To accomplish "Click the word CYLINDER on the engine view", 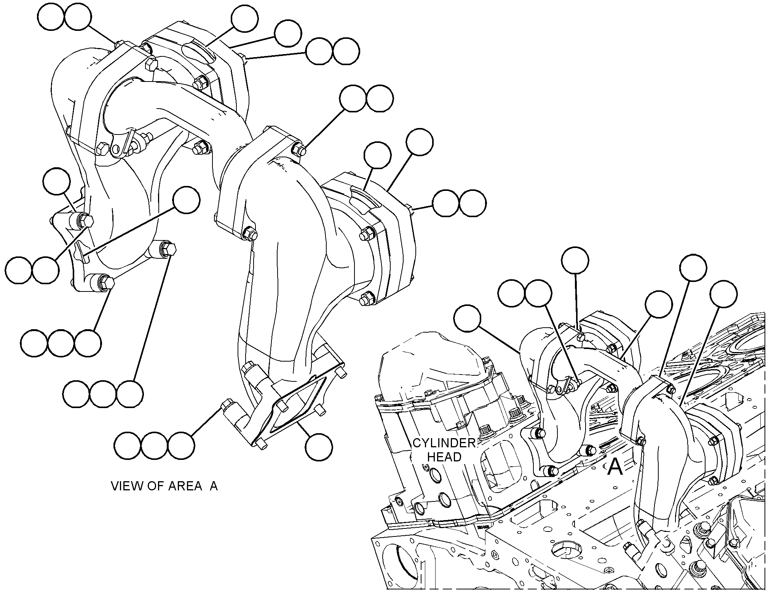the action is click(444, 443).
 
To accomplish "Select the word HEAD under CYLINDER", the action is click(444, 456).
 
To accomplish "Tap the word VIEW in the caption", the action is click(127, 486).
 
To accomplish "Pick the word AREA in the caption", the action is click(185, 486).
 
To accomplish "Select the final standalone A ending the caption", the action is click(214, 486).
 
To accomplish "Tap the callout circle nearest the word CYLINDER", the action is click(468, 318).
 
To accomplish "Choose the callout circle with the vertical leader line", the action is click(575, 260).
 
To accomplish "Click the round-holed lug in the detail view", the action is click(118, 145).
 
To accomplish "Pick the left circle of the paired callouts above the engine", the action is click(511, 293).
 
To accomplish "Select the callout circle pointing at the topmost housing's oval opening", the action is click(245, 18).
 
